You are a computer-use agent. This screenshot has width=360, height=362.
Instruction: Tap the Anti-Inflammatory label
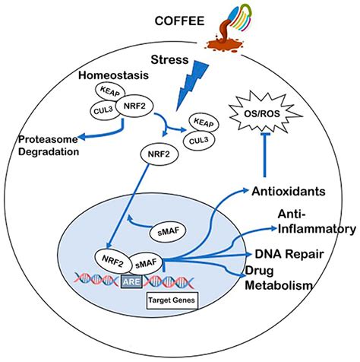click(x=310, y=221)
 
